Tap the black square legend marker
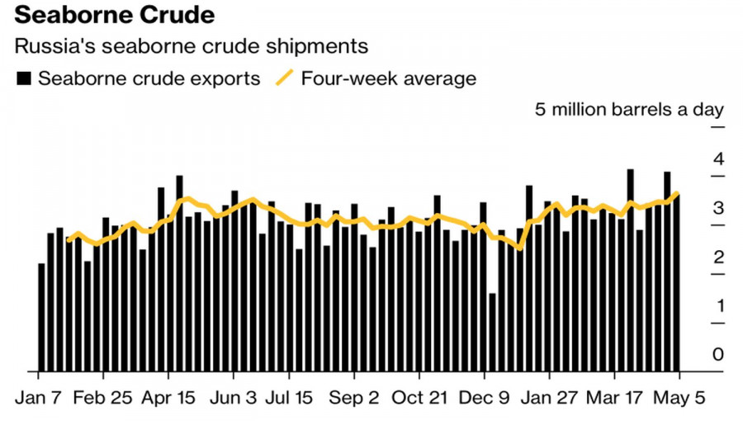click(25, 79)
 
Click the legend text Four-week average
click(388, 79)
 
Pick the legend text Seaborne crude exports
click(149, 79)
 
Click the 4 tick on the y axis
click(718, 158)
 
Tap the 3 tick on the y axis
click(718, 208)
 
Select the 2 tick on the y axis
click(718, 257)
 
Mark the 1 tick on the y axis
click(718, 305)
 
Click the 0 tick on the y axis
click(718, 354)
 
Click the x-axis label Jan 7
click(38, 397)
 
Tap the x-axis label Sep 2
click(355, 397)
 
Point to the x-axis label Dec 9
click(489, 397)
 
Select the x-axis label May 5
click(678, 397)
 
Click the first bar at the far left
click(41, 317)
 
